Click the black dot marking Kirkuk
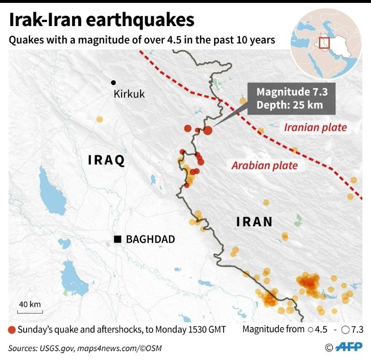point(114,83)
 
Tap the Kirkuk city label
point(129,94)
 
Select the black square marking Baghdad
point(117,239)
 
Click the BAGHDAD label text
point(150,239)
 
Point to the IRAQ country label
point(106,160)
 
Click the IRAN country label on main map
point(254,222)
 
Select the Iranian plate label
point(315,128)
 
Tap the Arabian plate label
point(264,166)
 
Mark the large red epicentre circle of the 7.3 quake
point(208,130)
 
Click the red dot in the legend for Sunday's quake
point(12,330)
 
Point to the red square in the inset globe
point(325,43)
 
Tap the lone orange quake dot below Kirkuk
point(100,119)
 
